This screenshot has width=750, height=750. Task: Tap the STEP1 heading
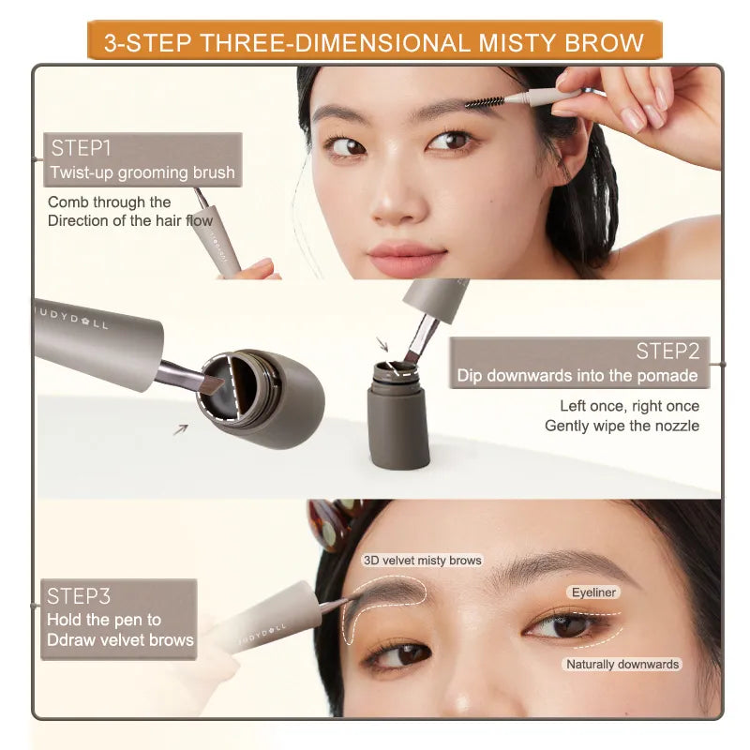pyautogui.click(x=81, y=148)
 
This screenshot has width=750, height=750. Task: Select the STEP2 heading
pyautogui.click(x=667, y=351)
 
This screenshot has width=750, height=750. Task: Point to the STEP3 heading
pyautogui.click(x=79, y=596)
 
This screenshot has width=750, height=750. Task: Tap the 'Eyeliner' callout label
pyautogui.click(x=593, y=592)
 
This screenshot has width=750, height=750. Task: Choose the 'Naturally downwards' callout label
pyautogui.click(x=622, y=664)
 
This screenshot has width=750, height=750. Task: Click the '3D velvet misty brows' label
pyautogui.click(x=423, y=560)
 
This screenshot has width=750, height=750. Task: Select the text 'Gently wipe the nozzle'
pyautogui.click(x=622, y=426)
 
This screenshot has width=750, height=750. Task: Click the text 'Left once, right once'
pyautogui.click(x=629, y=406)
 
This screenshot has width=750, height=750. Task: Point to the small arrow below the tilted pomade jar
pyautogui.click(x=181, y=429)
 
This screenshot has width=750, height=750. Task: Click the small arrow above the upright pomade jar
pyautogui.click(x=382, y=344)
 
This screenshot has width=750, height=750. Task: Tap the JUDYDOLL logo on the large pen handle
pyautogui.click(x=73, y=318)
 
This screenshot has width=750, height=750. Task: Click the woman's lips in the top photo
pyautogui.click(x=407, y=255)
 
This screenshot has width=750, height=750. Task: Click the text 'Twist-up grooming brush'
pyautogui.click(x=142, y=172)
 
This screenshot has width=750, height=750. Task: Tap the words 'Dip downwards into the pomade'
pyautogui.click(x=577, y=376)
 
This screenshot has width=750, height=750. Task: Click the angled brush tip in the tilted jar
pyautogui.click(x=211, y=384)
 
